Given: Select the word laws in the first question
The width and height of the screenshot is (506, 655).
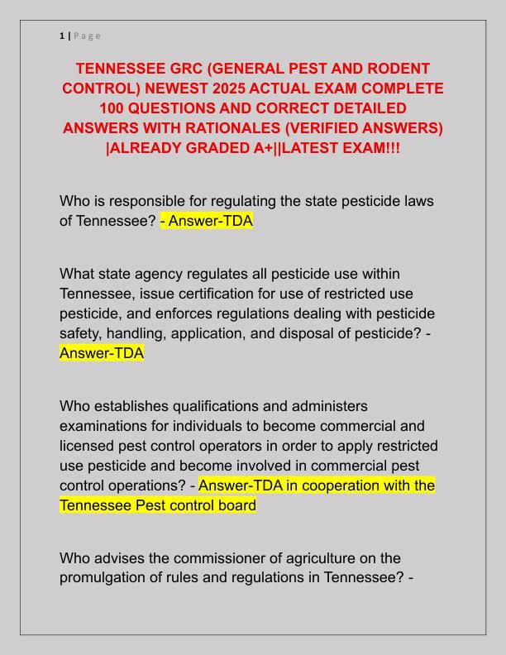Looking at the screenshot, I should [417, 201].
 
